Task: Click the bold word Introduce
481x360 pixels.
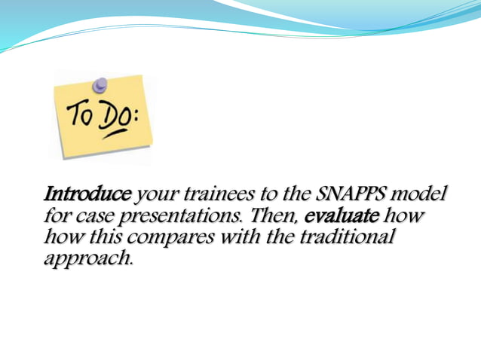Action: click(87, 195)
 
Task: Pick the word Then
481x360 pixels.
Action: click(275, 217)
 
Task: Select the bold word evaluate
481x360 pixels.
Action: click(342, 217)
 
